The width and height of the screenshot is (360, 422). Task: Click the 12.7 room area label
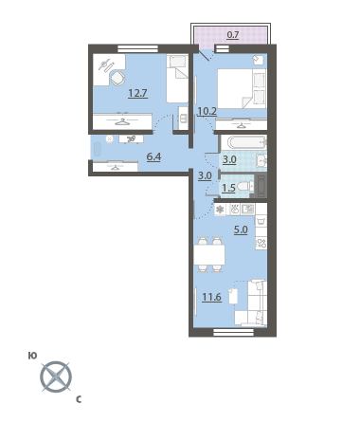click(137, 94)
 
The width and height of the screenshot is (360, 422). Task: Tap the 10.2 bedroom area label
click(207, 111)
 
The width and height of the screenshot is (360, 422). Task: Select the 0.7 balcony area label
click(233, 34)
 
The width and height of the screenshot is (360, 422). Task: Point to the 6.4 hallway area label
click(153, 156)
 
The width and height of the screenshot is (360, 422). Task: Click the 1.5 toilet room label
click(228, 188)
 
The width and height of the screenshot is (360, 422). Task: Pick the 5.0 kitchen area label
click(241, 229)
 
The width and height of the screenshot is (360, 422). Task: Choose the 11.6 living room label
click(211, 298)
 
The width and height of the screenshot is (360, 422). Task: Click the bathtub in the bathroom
click(243, 142)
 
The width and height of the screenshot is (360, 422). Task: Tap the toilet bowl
click(245, 186)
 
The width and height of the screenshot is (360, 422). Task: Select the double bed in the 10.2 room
click(242, 89)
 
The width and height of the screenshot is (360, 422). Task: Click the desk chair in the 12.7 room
click(117, 78)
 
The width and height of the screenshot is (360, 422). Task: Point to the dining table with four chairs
click(209, 254)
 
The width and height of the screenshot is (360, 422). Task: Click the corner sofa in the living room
click(251, 303)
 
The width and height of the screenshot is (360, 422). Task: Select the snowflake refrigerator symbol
click(220, 210)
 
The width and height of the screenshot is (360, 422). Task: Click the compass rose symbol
click(56, 376)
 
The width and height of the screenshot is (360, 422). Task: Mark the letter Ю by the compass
click(32, 356)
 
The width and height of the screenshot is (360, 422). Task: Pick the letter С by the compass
click(79, 400)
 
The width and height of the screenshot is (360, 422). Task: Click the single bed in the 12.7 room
click(177, 79)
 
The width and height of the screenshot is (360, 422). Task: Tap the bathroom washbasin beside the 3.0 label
click(261, 161)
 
